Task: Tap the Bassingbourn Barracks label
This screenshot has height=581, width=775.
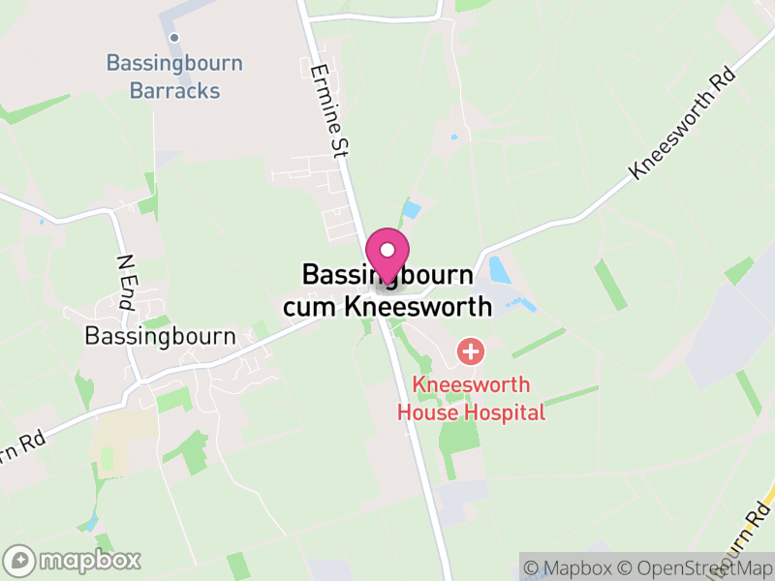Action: [x=175, y=77]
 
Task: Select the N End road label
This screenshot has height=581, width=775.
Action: [x=126, y=282]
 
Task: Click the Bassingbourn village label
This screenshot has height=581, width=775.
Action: [x=161, y=336]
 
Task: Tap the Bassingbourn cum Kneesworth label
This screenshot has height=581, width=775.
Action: [x=387, y=290]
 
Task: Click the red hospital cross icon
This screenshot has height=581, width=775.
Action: [x=471, y=351]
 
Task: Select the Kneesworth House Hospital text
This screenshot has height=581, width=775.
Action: [x=472, y=397]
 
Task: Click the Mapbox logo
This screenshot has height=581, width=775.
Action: [x=74, y=560]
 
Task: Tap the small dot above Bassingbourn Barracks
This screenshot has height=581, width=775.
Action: [x=174, y=38]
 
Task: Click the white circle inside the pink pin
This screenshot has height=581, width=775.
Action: [x=387, y=249]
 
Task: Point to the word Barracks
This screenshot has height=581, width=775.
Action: [x=175, y=92]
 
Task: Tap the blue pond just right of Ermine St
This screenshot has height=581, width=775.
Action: [x=412, y=209]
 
